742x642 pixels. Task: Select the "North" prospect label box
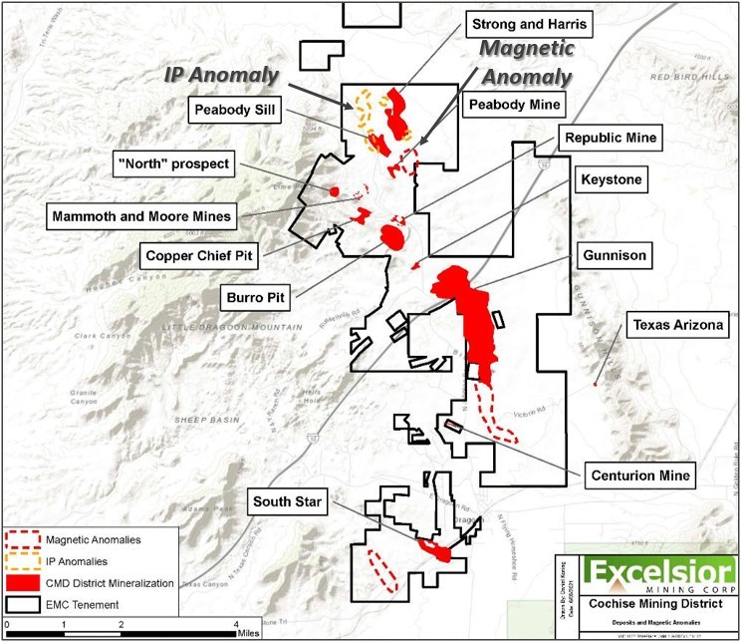coord(200,163)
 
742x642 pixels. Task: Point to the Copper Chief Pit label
coord(198,255)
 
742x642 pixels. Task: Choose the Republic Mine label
coord(609,140)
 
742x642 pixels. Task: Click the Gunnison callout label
coord(610,256)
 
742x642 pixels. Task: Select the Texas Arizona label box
coord(674,326)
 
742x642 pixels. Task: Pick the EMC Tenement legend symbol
coord(24,603)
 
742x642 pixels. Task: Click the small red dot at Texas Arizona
coord(595,384)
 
